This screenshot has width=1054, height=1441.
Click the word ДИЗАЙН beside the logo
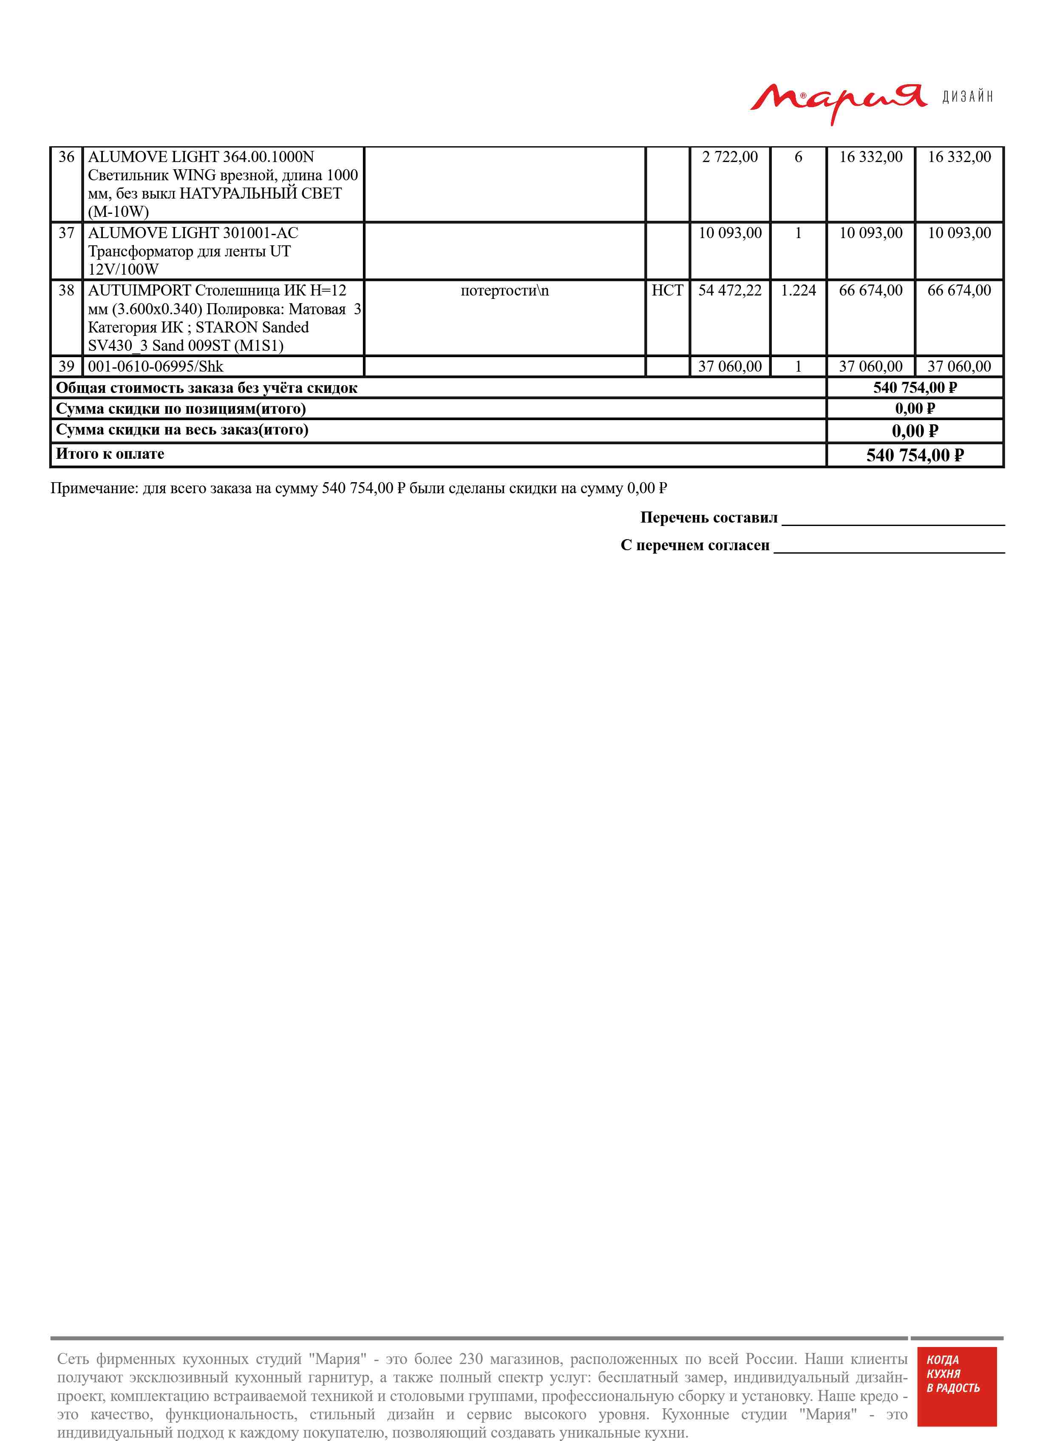click(967, 97)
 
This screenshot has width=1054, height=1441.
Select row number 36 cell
click(66, 157)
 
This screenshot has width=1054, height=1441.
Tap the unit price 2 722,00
click(730, 157)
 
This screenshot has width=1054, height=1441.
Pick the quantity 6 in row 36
click(798, 157)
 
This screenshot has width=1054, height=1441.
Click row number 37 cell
click(66, 233)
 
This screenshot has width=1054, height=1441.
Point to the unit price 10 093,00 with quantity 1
click(730, 233)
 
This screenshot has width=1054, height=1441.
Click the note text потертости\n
click(504, 291)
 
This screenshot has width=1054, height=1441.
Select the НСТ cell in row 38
click(667, 291)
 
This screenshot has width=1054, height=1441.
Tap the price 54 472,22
click(730, 291)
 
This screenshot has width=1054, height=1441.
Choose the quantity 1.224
click(798, 291)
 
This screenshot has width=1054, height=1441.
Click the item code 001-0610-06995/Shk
click(156, 367)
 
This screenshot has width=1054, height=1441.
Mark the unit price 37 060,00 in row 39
click(730, 367)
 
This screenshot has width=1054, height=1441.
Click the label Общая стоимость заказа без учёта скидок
click(206, 388)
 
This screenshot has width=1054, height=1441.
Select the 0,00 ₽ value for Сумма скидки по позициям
click(915, 409)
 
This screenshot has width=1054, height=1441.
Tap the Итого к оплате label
click(110, 454)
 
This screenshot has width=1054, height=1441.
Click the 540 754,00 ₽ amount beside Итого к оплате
click(915, 455)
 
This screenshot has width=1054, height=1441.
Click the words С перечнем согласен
click(695, 545)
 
